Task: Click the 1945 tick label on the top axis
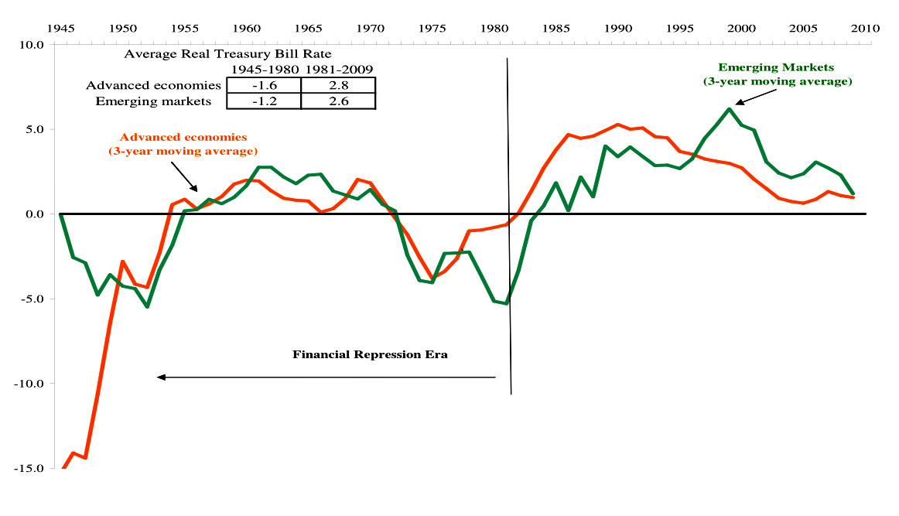pyautogui.click(x=60, y=28)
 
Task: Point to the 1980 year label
pyautogui.click(x=494, y=28)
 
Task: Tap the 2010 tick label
pyautogui.click(x=865, y=28)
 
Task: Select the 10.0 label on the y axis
pyautogui.click(x=30, y=44)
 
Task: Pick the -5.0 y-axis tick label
pyautogui.click(x=31, y=299)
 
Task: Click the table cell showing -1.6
pyautogui.click(x=263, y=85)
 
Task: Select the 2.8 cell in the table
pyautogui.click(x=338, y=85)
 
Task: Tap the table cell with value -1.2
pyautogui.click(x=263, y=101)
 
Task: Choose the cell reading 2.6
pyautogui.click(x=338, y=101)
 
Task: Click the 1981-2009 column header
pyautogui.click(x=338, y=70)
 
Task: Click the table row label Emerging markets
pyautogui.click(x=159, y=101)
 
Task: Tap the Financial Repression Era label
pyautogui.click(x=370, y=355)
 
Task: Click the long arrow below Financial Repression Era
pyautogui.click(x=325, y=377)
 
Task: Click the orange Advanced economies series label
pyautogui.click(x=183, y=144)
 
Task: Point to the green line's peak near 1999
pyautogui.click(x=729, y=109)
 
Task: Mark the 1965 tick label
pyautogui.click(x=308, y=28)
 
